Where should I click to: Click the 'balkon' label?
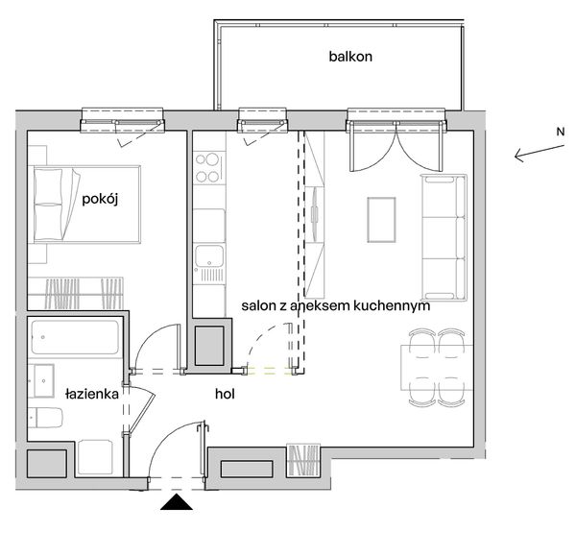click(350, 57)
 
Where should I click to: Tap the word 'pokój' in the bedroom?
click(100, 199)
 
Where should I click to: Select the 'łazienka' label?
click(92, 394)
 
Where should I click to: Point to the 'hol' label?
click(225, 394)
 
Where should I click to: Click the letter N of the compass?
click(561, 132)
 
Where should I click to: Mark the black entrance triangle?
click(177, 502)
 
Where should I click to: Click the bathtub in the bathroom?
click(75, 337)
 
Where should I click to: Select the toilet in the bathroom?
click(45, 418)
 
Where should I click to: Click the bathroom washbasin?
click(41, 381)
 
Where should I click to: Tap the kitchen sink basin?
click(209, 255)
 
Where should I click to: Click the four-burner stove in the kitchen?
click(209, 168)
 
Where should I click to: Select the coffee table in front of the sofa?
click(382, 220)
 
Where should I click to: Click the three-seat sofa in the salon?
click(444, 237)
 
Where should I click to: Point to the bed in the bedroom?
click(86, 205)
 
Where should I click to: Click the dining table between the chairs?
click(437, 368)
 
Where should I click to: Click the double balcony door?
click(396, 146)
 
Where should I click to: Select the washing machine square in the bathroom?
click(95, 457)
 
